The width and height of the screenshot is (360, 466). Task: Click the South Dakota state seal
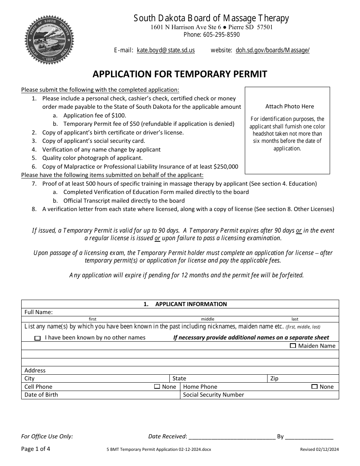tap(49, 40)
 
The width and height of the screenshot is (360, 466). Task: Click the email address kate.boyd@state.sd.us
tap(166, 50)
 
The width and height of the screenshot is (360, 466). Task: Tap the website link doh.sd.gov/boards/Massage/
tap(272, 50)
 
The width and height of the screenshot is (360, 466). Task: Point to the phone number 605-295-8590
tap(223, 35)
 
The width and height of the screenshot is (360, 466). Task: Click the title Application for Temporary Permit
tap(180, 74)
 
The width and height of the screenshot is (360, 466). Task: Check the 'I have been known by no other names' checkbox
tap(38, 338)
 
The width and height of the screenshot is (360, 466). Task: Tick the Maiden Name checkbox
tap(293, 346)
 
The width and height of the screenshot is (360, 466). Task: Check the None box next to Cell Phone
tap(157, 387)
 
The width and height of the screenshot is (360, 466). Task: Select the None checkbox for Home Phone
tap(314, 387)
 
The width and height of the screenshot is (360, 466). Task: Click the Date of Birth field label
tap(41, 395)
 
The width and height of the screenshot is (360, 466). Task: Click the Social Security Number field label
tap(213, 395)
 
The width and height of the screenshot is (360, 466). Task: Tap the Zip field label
tap(274, 378)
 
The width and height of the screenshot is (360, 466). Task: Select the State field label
tap(179, 378)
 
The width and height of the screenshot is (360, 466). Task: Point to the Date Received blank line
tap(232, 437)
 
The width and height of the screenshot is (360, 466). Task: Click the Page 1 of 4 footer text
tap(36, 449)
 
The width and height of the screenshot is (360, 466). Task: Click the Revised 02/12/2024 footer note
tap(319, 449)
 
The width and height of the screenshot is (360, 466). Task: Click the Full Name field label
tap(39, 312)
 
